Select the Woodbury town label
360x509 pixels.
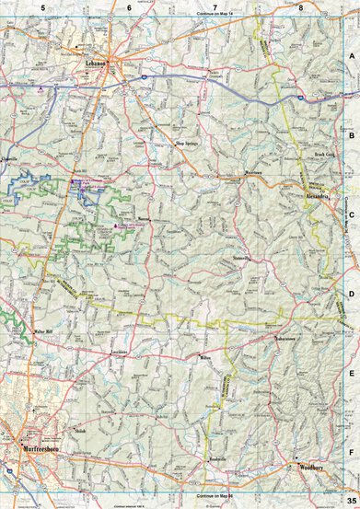[x=313, y=468]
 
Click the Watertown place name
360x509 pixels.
[x=255, y=172]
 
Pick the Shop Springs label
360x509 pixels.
[x=188, y=145]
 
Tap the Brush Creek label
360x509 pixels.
[x=324, y=156]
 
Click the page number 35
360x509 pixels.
[x=350, y=498]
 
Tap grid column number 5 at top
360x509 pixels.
[x=42, y=7]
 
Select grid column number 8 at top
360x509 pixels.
[x=301, y=7]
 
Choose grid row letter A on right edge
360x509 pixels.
[x=351, y=55]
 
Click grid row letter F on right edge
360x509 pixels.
[x=351, y=452]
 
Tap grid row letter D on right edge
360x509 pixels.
[x=351, y=295]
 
